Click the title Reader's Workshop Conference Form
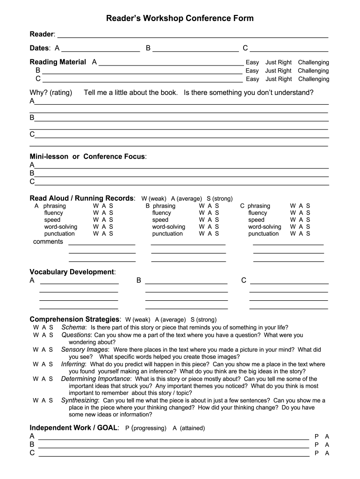[180, 19]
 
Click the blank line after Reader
[192, 35]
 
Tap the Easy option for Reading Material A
[252, 62]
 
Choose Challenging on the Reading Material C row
[313, 79]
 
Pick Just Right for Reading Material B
[278, 71]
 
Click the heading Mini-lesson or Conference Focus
[88, 156]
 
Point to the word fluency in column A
[54, 213]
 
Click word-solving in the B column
[168, 227]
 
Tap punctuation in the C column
[263, 234]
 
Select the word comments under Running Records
[48, 242]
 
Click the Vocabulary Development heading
[72, 272]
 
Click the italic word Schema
[73, 327]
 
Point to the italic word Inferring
[73, 364]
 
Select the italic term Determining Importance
[96, 379]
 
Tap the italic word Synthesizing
[80, 400]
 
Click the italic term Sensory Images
[85, 349]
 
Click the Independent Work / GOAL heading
[74, 428]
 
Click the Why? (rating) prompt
[51, 93]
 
